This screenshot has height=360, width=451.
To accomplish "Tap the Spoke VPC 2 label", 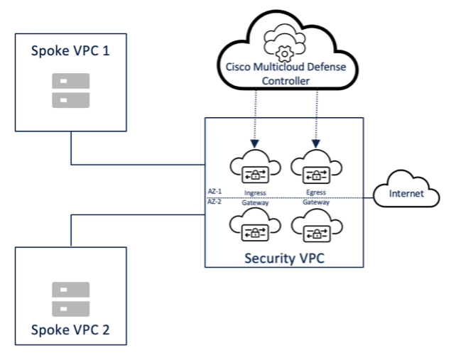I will coord(70,330).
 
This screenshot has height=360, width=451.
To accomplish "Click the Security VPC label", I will coord(284,257).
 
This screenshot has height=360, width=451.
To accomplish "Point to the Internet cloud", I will coord(406,193).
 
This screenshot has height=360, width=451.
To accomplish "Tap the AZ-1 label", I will coord(214,192).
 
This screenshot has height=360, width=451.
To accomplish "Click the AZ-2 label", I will coord(214,202).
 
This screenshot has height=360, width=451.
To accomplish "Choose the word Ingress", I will coord(255,192).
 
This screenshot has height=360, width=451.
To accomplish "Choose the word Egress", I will coord(315,192).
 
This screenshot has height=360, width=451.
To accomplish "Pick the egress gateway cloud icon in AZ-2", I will coord(315,227).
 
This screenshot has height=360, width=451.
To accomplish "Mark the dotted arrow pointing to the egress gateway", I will coord(315,117).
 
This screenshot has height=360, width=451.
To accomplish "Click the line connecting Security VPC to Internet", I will coord(369,197).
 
